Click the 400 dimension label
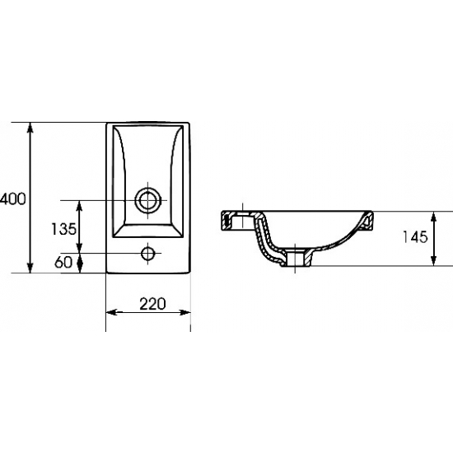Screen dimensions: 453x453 click(12, 198)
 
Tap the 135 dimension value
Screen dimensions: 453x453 click(63, 229)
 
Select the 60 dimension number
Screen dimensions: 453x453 click(63, 262)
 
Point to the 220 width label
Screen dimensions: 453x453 click(152, 304)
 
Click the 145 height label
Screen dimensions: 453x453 click(415, 237)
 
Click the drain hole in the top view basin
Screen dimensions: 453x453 click(148, 200)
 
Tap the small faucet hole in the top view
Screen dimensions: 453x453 click(148, 254)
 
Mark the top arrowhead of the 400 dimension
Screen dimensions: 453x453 click(30, 128)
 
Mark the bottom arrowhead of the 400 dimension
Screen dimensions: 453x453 click(30, 268)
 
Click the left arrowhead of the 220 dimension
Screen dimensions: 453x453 click(111, 312)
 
